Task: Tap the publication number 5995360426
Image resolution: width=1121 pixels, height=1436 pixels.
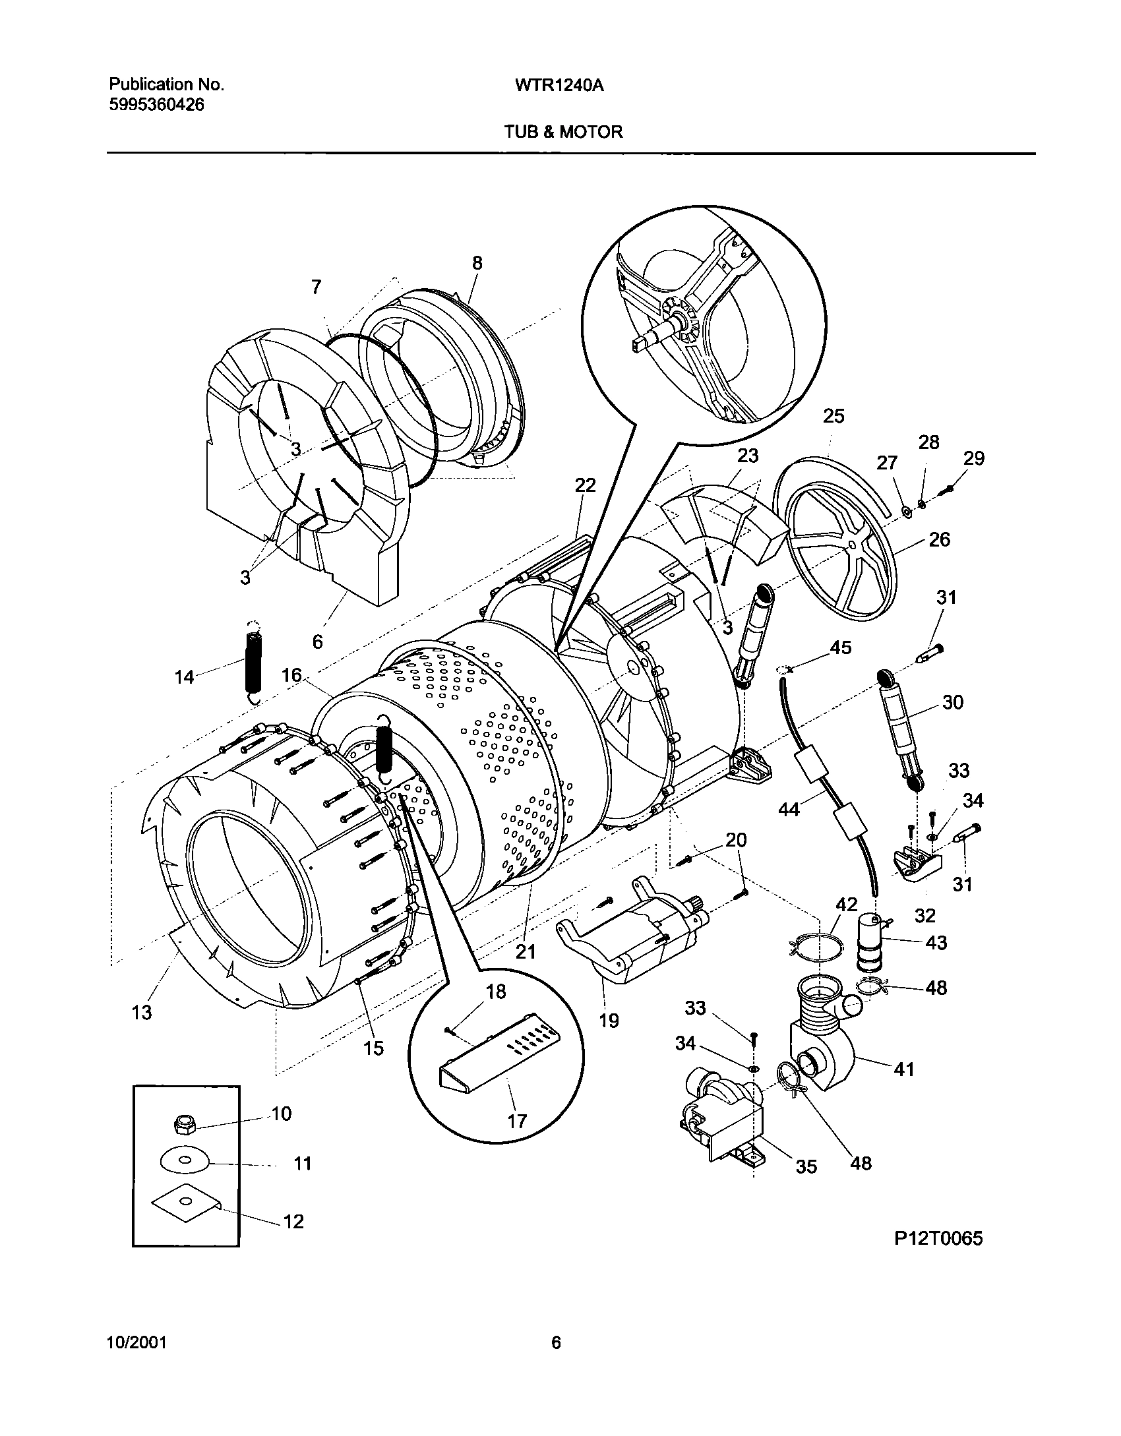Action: pos(156,104)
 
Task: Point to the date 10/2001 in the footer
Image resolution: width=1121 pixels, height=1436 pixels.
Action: pos(136,1342)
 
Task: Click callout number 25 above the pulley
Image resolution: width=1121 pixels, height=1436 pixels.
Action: pos(833,417)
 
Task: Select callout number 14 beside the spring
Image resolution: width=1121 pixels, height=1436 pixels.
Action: pos(185,676)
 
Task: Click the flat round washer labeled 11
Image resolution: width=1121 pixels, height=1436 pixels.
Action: pos(184,1161)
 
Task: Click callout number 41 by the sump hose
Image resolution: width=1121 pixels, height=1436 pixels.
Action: pos(904,1069)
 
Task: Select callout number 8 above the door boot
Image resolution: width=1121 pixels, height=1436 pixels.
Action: pos(477,264)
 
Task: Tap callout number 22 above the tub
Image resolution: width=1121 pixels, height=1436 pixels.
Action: pos(585,486)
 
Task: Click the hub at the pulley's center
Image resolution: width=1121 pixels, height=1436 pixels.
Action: pos(853,545)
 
